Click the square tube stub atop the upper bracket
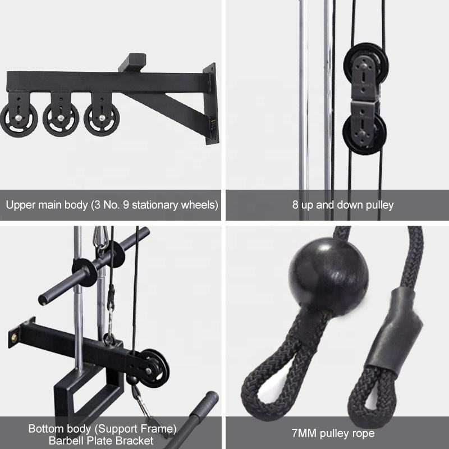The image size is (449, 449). [x=132, y=62]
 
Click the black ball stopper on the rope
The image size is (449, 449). [x=328, y=277]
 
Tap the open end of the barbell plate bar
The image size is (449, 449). [x=44, y=300]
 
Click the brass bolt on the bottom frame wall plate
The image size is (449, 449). [x=14, y=338]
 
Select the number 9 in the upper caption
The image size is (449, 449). [x=126, y=205]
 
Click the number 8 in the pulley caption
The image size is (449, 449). [x=296, y=205]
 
